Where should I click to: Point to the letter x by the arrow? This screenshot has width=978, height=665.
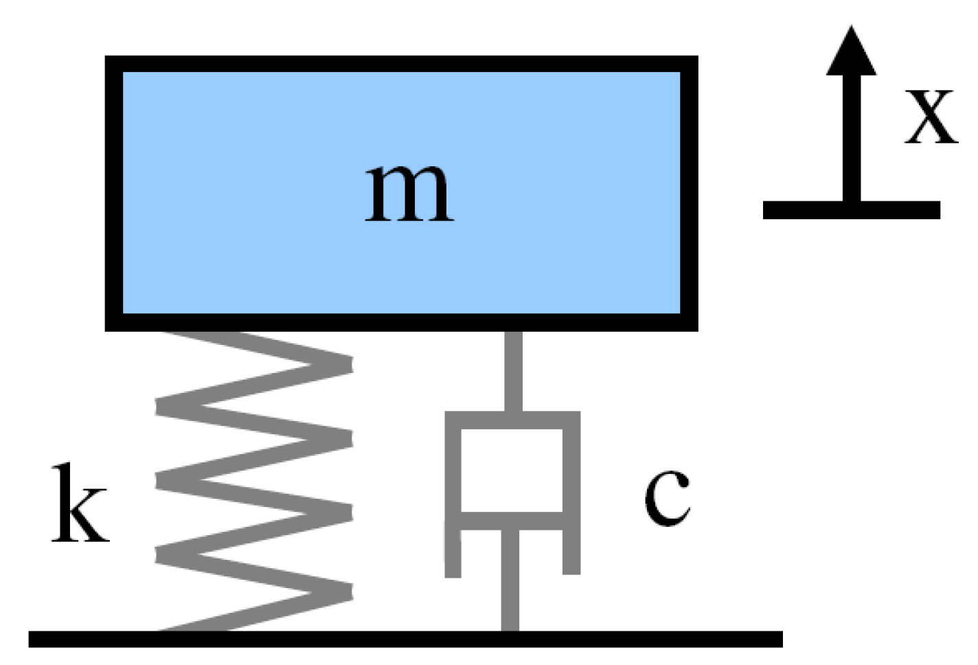[x=931, y=117]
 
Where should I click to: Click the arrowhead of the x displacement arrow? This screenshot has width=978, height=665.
[x=852, y=52]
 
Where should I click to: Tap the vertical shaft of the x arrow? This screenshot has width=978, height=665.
[x=852, y=137]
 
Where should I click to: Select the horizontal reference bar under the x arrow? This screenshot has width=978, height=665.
[x=851, y=210]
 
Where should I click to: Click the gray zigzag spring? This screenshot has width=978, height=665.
[x=254, y=481]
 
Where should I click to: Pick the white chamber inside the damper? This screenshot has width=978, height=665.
[x=512, y=470]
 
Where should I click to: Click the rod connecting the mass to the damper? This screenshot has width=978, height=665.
[x=513, y=371]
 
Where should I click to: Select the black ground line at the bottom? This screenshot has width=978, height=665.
[x=405, y=639]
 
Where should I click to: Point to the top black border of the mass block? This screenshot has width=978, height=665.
[x=402, y=64]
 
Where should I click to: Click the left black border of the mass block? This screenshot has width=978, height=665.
[x=113, y=193]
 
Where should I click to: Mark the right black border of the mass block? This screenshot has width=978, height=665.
[x=690, y=193]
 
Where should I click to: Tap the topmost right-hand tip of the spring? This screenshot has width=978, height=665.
[x=347, y=363]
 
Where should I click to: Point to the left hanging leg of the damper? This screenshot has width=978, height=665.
[x=453, y=550]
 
